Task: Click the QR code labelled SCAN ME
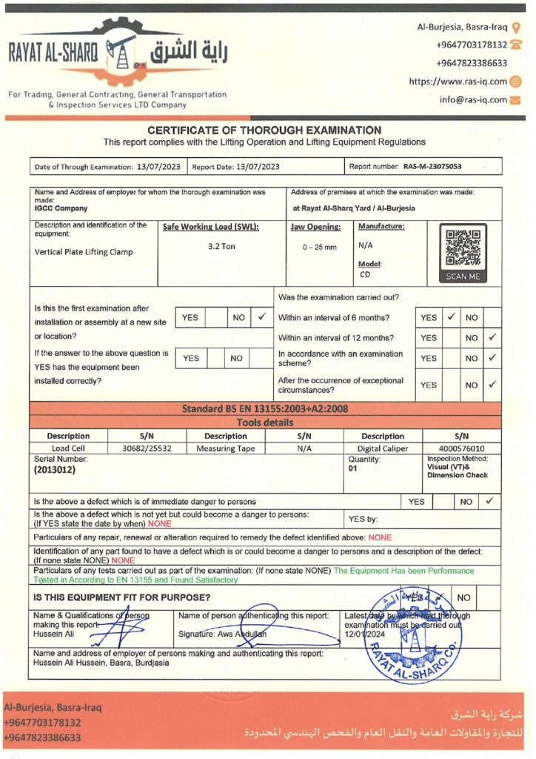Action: coord(463,248)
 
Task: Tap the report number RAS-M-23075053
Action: coord(432,167)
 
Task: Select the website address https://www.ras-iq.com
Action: coord(458,82)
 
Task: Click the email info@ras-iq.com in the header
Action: coord(473,99)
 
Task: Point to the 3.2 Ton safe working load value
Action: coord(221,246)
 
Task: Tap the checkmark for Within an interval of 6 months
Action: coord(451,317)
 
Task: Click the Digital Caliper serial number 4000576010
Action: coord(456,448)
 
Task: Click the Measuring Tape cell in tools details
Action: coord(225,448)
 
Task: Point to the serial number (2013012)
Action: coord(55,469)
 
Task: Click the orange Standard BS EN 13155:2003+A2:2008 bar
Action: coord(265,408)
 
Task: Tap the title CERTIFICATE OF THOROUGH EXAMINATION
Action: coord(264,130)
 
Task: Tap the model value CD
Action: coord(365,274)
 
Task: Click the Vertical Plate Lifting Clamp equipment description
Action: coord(84,251)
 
